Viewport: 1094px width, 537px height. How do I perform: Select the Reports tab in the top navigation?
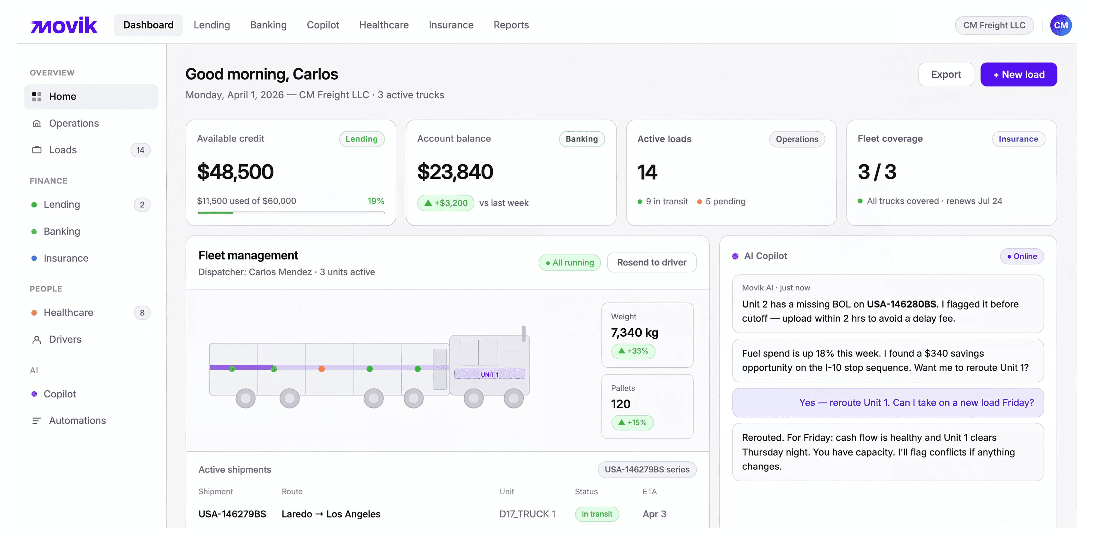511,25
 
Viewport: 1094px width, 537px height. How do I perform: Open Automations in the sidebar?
77,420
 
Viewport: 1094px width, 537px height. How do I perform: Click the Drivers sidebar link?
65,339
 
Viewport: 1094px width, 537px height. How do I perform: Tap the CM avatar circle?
1060,25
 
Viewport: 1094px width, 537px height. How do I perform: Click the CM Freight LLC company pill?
994,25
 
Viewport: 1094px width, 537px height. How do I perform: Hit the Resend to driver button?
651,262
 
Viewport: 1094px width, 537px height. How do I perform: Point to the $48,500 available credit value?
235,172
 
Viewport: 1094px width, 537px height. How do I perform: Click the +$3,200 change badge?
446,203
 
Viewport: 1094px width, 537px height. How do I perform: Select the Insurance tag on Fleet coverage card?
1018,139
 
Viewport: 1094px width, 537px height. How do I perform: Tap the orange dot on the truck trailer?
322,369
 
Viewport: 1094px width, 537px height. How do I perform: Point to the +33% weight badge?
633,351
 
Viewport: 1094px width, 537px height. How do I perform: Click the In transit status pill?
597,514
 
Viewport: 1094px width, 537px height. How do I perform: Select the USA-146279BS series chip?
647,469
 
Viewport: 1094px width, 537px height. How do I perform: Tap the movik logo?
64,25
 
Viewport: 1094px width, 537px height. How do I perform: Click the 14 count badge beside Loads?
140,150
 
